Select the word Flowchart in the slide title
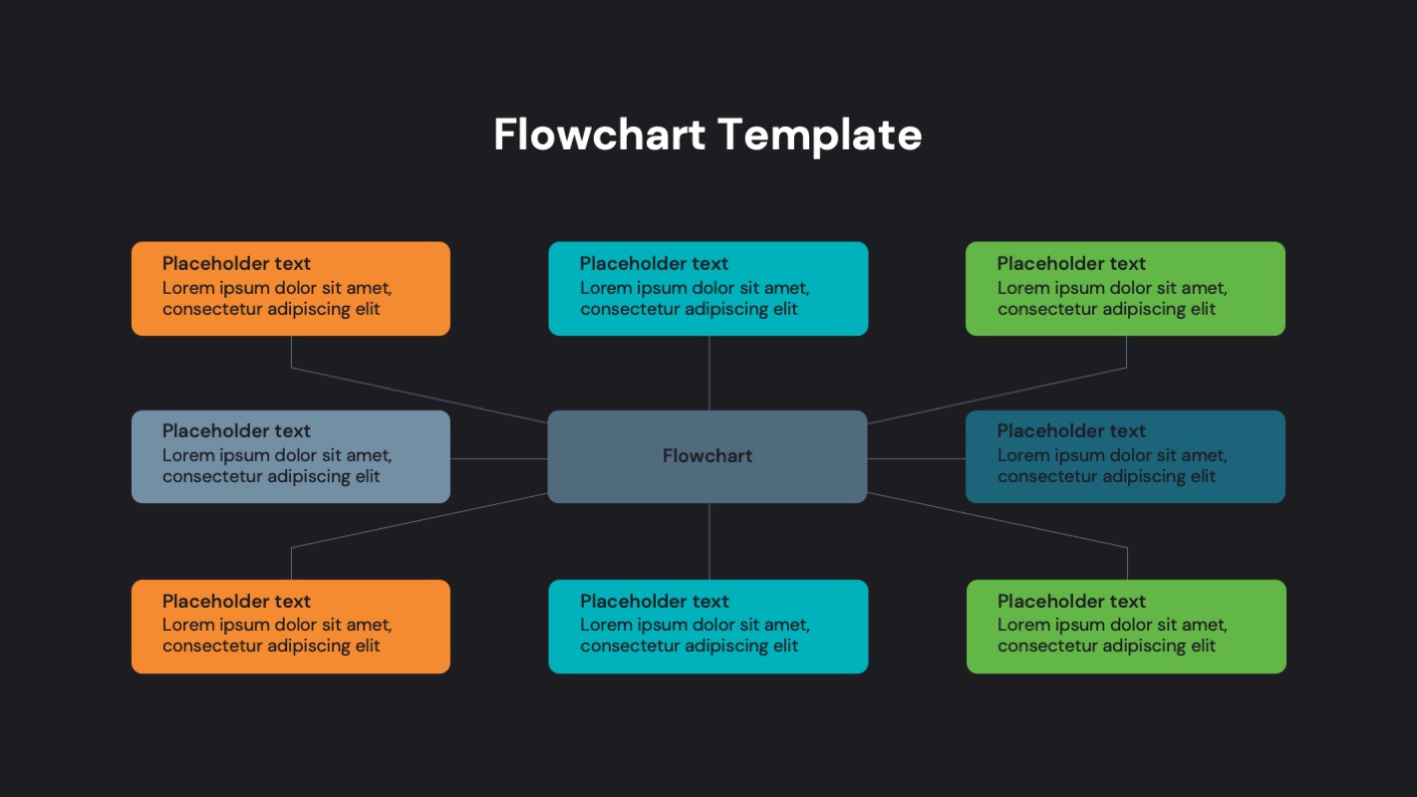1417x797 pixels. tap(599, 134)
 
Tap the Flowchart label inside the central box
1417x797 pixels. tap(708, 456)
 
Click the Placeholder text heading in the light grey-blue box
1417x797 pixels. tap(236, 431)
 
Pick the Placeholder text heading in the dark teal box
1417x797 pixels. tap(1071, 431)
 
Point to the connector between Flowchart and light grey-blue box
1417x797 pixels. tap(498, 458)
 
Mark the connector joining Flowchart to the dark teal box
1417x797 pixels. tap(916, 458)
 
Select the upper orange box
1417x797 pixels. tap(290, 288)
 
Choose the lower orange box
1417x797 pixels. tap(290, 626)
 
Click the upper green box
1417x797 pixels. tap(1125, 288)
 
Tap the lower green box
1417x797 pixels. tap(1126, 626)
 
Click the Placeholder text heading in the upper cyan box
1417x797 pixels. tap(654, 264)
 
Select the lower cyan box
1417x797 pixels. tap(708, 626)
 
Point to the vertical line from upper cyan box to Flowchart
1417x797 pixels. tap(708, 373)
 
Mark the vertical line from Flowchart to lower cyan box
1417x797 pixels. tap(708, 541)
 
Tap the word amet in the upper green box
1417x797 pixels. tap(1205, 288)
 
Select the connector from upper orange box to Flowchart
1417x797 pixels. tap(419, 396)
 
